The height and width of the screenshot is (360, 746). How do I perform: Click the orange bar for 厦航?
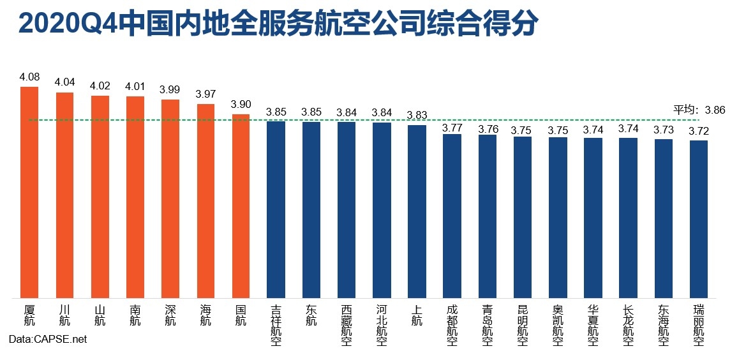pos(30,191)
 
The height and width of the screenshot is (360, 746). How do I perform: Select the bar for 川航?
pos(65,195)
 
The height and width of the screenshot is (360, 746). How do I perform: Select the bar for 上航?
pos(417,211)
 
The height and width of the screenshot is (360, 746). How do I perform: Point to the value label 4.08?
pos(30,77)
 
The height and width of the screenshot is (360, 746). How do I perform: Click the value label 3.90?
pos(241,105)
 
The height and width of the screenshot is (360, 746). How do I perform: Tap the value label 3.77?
pos(452,124)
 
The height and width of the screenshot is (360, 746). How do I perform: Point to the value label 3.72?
pos(698,131)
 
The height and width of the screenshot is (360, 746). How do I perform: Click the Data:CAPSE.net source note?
pos(48,340)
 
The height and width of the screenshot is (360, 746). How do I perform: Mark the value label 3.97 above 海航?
pos(205,94)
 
